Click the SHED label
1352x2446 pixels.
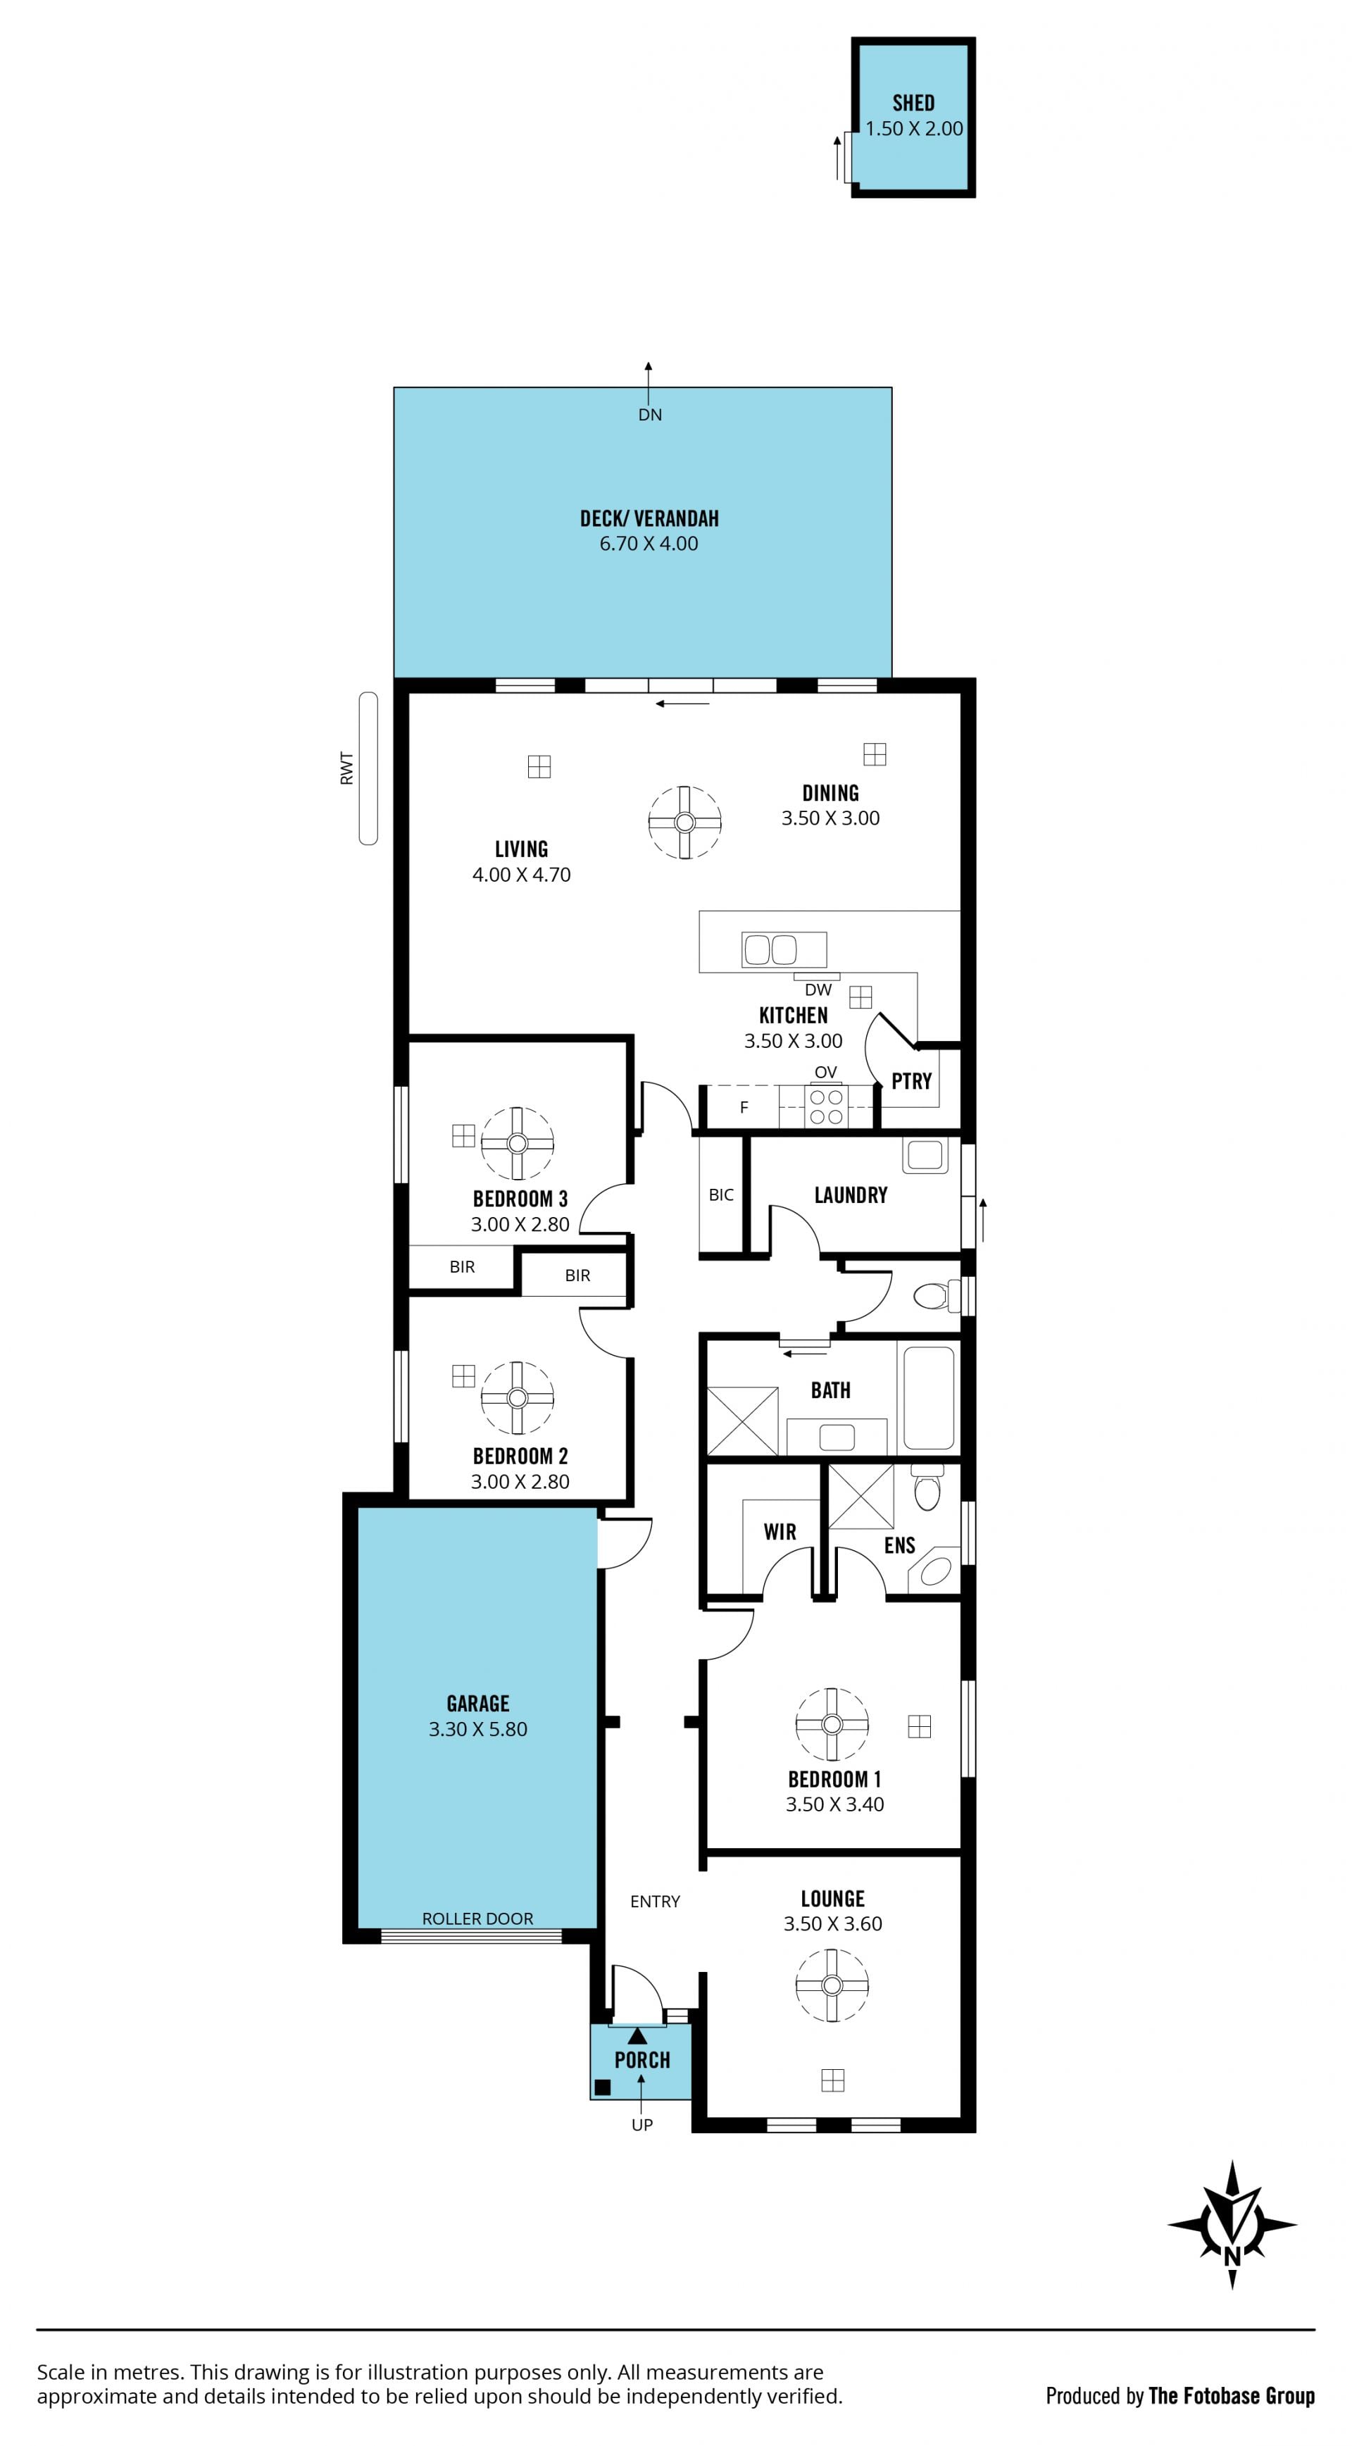pos(913,103)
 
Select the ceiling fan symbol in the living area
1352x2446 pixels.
pos(684,823)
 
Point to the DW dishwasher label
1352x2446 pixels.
pos(818,990)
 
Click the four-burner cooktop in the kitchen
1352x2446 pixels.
pos(826,1106)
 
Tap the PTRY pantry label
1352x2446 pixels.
pos(911,1080)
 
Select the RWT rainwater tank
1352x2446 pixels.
pos(368,768)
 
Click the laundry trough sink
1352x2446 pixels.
pos(925,1154)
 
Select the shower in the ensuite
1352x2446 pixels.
pos(861,1497)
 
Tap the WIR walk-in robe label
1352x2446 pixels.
pos(780,1532)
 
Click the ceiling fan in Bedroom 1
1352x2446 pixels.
pos(832,1724)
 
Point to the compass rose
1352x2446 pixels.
pos(1232,2225)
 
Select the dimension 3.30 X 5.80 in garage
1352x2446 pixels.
pos(477,1729)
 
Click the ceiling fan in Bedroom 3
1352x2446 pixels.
pos(518,1143)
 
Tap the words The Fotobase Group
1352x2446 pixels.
pos(1232,2396)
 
